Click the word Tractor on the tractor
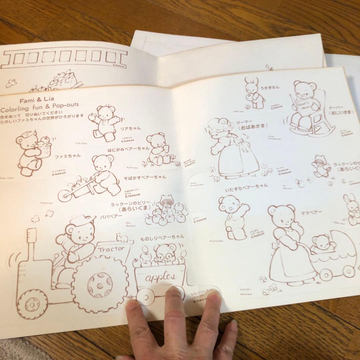(111, 249)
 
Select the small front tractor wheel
(32, 304)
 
